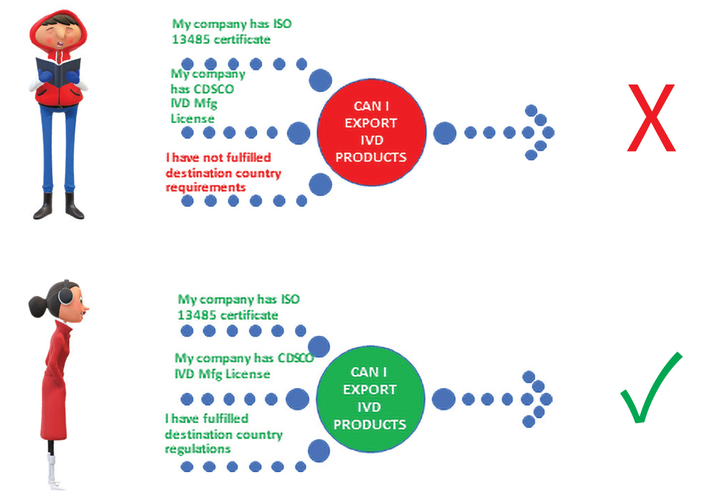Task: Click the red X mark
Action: [x=651, y=118]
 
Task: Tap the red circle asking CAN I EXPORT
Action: [x=371, y=132]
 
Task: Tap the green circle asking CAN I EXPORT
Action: [x=370, y=399]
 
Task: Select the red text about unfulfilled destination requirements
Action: [x=223, y=172]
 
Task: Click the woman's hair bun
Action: [x=36, y=304]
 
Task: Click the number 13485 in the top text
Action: [x=190, y=40]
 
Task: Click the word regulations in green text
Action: [x=198, y=449]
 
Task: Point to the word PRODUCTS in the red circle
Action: [x=371, y=157]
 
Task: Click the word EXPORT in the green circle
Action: [x=370, y=390]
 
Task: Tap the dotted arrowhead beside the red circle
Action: [x=539, y=133]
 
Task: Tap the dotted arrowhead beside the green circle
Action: [x=537, y=399]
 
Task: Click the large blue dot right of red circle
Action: [x=444, y=133]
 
